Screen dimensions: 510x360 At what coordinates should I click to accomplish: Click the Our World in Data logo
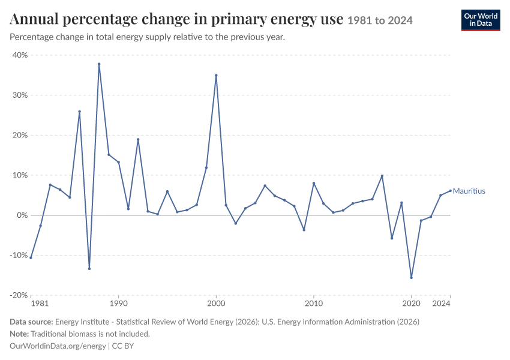[x=481, y=20]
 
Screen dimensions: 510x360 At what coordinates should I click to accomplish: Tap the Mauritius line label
[x=469, y=191]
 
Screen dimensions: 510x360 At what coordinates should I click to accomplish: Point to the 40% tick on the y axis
[x=20, y=55]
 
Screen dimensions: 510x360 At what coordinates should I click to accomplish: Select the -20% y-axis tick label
[x=19, y=295]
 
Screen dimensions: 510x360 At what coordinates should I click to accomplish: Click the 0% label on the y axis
[x=22, y=215]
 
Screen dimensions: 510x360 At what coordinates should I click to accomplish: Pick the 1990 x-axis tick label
[x=118, y=304]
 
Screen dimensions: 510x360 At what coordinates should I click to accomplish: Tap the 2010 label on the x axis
[x=314, y=304]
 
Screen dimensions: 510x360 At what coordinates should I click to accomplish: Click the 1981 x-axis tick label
[x=40, y=304]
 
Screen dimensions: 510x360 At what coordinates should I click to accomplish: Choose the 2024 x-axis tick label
[x=441, y=304]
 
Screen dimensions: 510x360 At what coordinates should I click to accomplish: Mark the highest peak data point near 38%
[x=99, y=64]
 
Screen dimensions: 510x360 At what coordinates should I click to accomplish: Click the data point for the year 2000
[x=216, y=75]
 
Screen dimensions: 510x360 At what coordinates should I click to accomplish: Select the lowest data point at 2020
[x=412, y=278]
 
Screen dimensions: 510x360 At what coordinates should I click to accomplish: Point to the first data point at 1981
[x=31, y=258]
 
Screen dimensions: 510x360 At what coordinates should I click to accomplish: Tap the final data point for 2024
[x=451, y=191]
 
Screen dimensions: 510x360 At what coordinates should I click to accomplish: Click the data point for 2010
[x=314, y=183]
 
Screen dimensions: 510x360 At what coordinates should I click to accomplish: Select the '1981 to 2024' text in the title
[x=380, y=20]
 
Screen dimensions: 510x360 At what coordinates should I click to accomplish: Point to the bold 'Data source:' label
[x=31, y=322]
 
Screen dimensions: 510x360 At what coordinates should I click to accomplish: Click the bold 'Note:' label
[x=19, y=334]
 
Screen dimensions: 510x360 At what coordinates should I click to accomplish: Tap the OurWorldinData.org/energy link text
[x=58, y=346]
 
